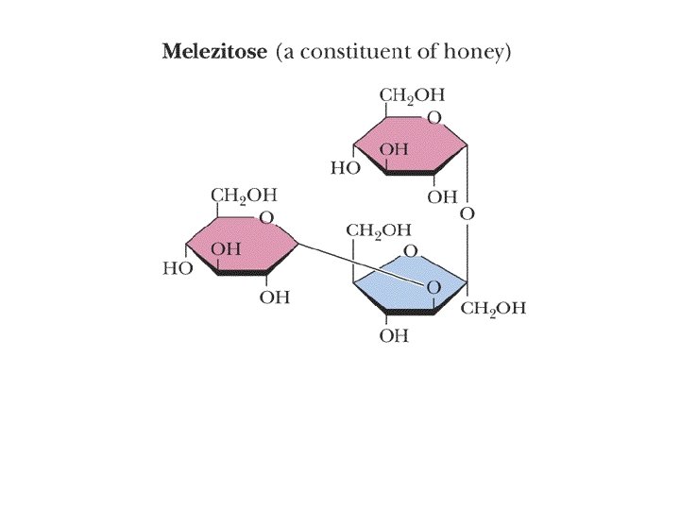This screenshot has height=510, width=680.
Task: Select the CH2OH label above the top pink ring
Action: point(412,95)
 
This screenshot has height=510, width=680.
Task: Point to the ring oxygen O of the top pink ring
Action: point(433,118)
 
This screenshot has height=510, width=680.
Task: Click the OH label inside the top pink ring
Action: point(394,149)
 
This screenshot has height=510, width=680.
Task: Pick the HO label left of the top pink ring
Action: point(344,169)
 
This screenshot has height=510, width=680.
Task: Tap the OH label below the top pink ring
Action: point(441,197)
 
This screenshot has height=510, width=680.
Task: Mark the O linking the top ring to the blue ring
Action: point(467,214)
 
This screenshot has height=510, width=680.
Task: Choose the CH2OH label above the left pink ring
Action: point(244,195)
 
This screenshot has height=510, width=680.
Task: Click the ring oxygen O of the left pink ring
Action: point(266,218)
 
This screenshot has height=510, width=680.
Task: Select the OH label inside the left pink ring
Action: point(226,248)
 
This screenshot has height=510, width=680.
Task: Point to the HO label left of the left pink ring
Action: point(178,268)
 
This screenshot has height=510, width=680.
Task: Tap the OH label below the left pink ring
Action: point(274,297)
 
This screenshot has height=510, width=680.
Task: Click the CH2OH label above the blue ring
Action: point(379,229)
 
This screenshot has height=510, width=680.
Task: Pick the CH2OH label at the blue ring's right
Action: point(493,309)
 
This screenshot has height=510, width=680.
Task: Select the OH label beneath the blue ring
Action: point(394,336)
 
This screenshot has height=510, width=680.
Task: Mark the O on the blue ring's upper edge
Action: point(410,251)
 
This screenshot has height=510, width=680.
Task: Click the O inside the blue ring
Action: point(433,286)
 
